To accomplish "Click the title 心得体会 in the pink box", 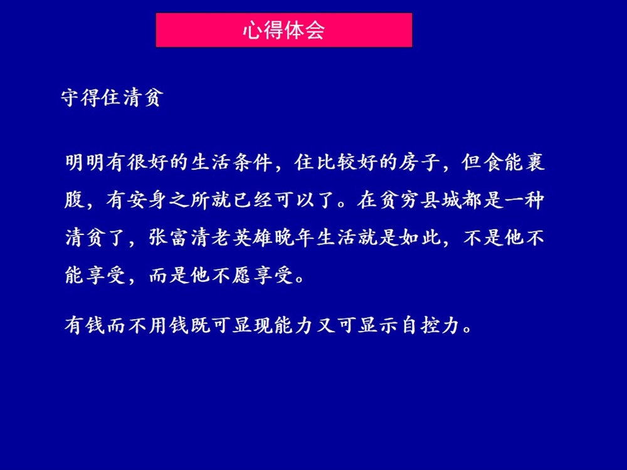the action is pos(283,30).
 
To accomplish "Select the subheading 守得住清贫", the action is pos(112,97).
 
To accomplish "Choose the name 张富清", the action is pos(179,238).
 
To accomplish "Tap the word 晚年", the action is pos(295,238).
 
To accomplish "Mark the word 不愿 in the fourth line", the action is pos(231,275).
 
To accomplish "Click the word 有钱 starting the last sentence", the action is pos(85,325).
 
